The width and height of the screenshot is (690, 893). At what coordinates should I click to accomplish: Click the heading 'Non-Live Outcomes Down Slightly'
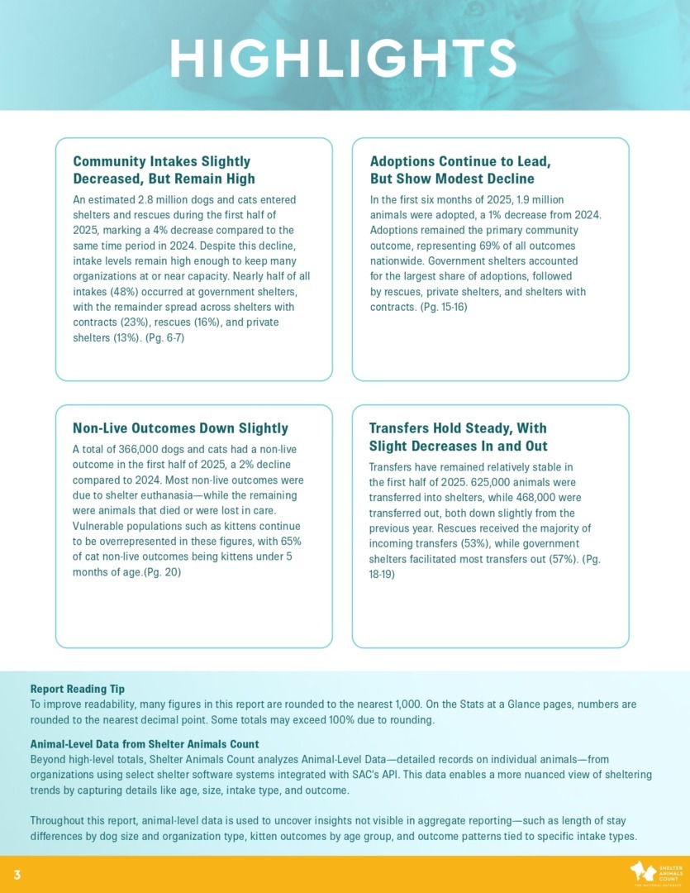coord(180,428)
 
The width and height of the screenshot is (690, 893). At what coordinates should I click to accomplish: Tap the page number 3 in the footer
coord(17,875)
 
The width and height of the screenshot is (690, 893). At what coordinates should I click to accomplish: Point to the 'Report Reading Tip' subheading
coord(77,688)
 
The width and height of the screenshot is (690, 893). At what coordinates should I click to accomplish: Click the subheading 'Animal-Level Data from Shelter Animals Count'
coord(145,743)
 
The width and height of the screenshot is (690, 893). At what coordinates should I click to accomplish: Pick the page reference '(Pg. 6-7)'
coord(164,337)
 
